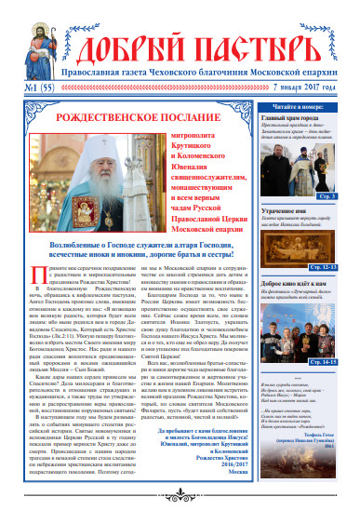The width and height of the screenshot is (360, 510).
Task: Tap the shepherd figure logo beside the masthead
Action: coord(327,35)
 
